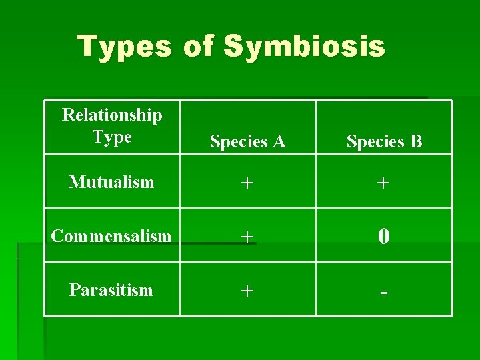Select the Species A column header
coord(247,141)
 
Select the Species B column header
coord(384,141)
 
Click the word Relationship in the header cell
coord(112,115)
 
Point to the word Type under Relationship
coord(112,137)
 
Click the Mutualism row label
coord(111,182)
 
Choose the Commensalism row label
coord(111,236)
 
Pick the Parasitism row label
coord(111,290)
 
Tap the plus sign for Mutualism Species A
coord(247,183)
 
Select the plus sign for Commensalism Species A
coord(247,237)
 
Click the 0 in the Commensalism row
coord(384,236)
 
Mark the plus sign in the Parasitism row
coord(247,291)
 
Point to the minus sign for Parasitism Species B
coord(384,293)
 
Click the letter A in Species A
coord(279,141)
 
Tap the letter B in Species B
coord(416,141)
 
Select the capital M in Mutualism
coord(75,182)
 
